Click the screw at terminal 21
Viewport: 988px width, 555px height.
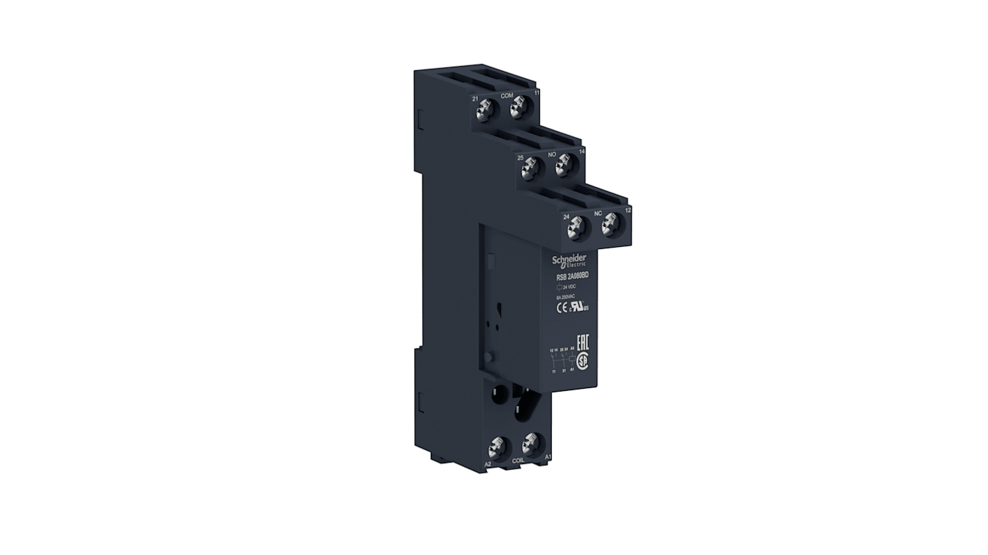click(486, 108)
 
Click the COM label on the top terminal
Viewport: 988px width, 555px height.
click(507, 95)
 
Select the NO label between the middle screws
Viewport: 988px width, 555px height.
click(552, 153)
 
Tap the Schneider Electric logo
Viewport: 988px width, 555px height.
click(570, 260)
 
